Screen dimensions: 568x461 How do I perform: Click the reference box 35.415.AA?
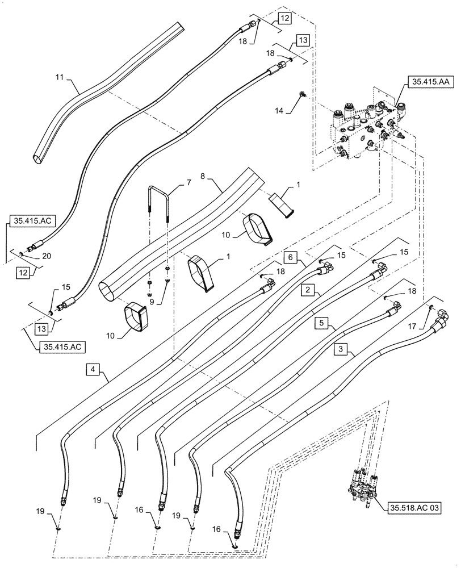(x=427, y=83)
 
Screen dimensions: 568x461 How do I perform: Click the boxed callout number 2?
(x=307, y=290)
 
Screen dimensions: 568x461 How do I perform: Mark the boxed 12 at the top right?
(x=284, y=19)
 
